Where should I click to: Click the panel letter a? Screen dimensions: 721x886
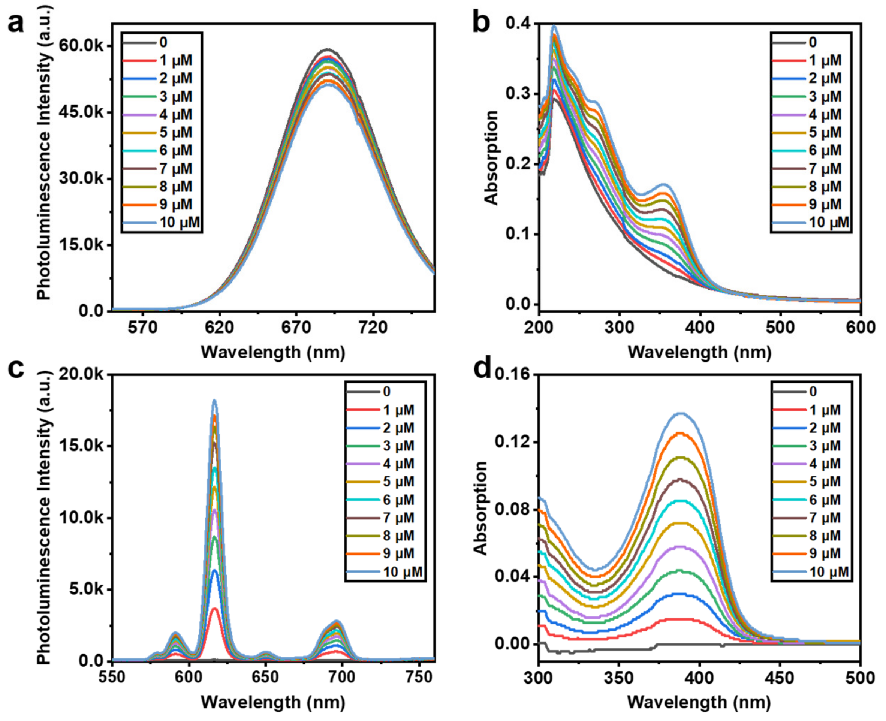[x=16, y=24]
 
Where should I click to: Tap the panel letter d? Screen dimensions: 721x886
[x=483, y=368]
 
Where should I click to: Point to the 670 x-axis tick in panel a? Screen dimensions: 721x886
[x=296, y=327]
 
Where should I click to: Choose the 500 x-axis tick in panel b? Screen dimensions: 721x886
[x=780, y=327]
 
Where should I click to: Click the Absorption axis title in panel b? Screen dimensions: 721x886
[x=491, y=158]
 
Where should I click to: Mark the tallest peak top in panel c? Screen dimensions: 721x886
[x=214, y=401]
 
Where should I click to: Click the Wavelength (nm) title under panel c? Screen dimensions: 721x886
[x=273, y=702]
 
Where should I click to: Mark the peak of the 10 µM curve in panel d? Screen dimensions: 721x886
[x=680, y=414]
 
